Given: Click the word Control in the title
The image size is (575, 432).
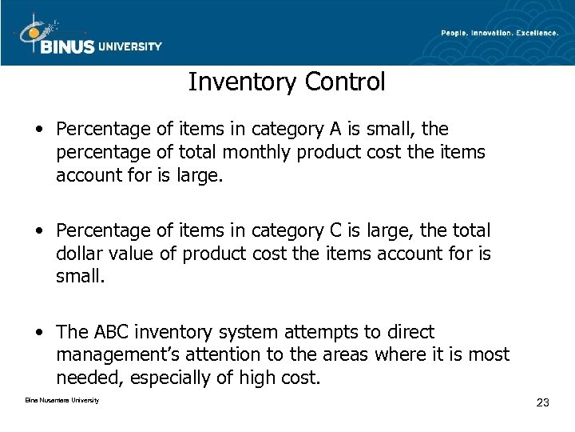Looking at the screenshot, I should point(348,81).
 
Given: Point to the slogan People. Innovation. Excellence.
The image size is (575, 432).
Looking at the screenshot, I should point(498,32).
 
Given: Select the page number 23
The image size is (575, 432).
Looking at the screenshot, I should point(542,402).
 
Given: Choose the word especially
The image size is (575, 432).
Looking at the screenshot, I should point(190,376).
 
